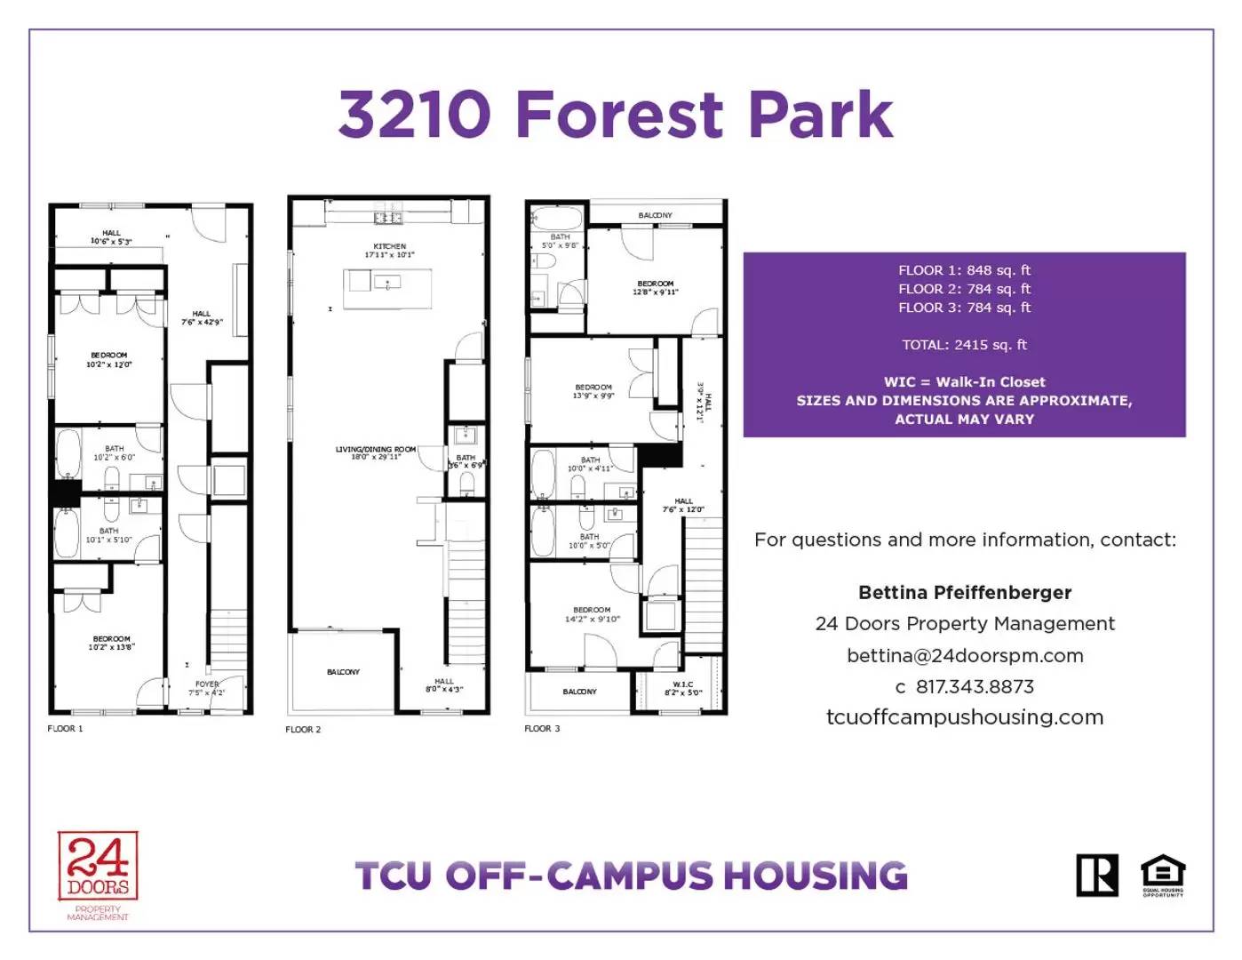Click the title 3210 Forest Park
[x=615, y=115]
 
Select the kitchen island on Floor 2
[x=387, y=288]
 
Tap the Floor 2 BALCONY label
[x=343, y=672]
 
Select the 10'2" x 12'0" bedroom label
[x=108, y=360]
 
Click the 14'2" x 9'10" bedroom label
[x=592, y=614]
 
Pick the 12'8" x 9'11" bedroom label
[x=655, y=287]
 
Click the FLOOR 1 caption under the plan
[x=65, y=729]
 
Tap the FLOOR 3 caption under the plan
[x=542, y=729]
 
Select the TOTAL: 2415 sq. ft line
[x=964, y=345]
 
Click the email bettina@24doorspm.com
[x=965, y=656]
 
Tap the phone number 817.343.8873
[x=974, y=687]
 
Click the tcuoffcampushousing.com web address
[x=965, y=717]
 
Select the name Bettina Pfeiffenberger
[x=965, y=593]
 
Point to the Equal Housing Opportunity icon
[x=1163, y=875]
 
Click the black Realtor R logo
[x=1097, y=876]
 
